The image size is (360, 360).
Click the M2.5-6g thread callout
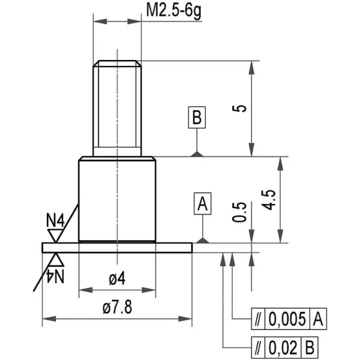point(173,11)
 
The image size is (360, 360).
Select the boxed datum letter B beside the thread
point(197,118)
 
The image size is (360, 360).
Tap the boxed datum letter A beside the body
point(203,203)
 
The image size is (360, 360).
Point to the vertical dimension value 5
point(239,109)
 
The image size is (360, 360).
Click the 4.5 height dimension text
point(269,200)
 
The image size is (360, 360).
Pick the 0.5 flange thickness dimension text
point(239,212)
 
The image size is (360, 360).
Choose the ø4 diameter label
point(117,278)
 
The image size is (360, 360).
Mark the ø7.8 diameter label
point(118,307)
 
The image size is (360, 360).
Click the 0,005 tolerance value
point(287,319)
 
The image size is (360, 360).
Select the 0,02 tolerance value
point(283,347)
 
